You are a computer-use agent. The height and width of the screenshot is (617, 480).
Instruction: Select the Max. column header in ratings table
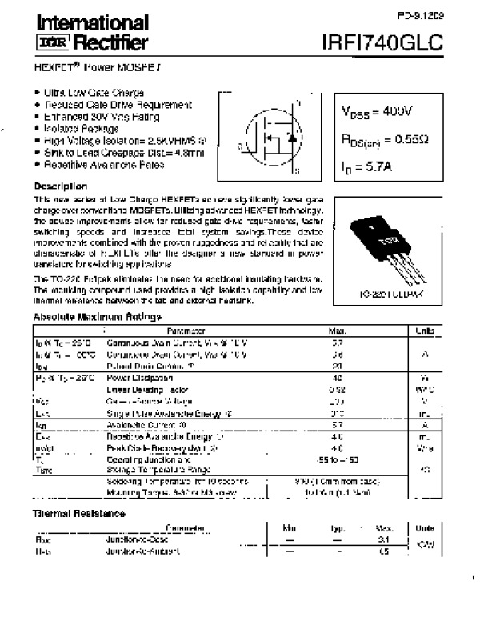[x=338, y=331]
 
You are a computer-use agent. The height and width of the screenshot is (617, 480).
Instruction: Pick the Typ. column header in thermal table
[x=339, y=528]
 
